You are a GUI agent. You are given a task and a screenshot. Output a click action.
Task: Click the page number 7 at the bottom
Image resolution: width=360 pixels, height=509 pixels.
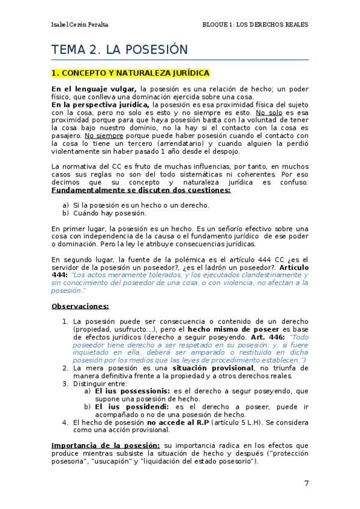click(306, 484)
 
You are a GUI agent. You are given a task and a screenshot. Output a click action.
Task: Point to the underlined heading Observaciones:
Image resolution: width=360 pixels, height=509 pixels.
click(80, 306)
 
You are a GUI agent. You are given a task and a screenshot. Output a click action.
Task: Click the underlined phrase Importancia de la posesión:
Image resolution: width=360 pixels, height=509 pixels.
click(105, 445)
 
